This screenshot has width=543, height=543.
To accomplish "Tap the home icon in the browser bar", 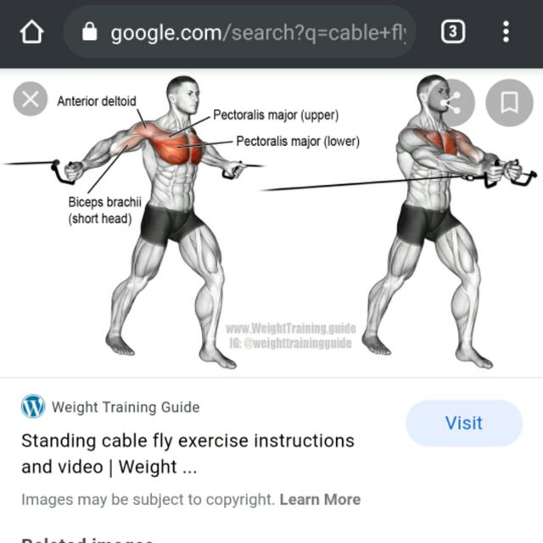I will (x=31, y=33).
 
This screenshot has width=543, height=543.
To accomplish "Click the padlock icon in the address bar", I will (x=89, y=33).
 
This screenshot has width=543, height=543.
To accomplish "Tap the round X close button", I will (x=31, y=100).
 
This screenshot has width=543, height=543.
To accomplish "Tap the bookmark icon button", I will (x=509, y=104).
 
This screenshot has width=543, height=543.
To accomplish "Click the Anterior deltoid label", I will (x=96, y=102).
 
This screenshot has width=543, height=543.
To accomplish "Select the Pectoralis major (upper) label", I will (x=275, y=115).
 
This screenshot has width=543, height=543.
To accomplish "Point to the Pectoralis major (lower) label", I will (x=297, y=142).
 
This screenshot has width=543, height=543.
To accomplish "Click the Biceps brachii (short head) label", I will (x=100, y=210).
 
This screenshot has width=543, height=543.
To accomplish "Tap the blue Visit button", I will (x=463, y=423).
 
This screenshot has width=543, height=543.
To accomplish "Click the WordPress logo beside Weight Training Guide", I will (x=33, y=406).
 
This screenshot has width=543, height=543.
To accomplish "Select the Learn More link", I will (x=320, y=500).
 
